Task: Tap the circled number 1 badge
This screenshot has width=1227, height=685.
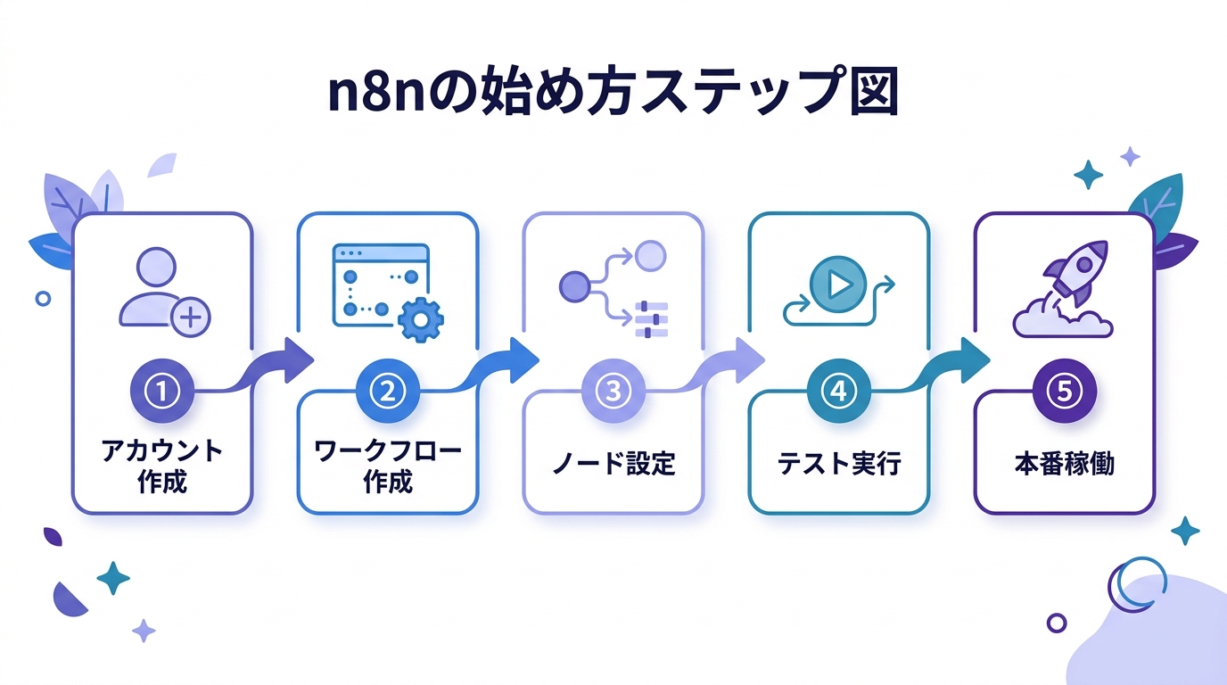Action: tap(162, 390)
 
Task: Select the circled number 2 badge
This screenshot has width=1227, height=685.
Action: tap(387, 390)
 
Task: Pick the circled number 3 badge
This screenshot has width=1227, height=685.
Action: tap(613, 390)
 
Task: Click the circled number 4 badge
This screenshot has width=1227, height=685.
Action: tap(838, 390)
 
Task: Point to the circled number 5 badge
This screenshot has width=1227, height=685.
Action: tap(1064, 390)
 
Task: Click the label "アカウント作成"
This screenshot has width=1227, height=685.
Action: tap(162, 466)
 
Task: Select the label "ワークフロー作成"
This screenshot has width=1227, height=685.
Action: tap(387, 466)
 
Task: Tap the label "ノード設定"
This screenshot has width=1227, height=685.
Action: tap(613, 464)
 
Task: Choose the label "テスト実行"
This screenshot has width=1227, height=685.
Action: tap(838, 464)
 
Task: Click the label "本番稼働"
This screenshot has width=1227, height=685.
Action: tap(1064, 464)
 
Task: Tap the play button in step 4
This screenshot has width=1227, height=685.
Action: tap(838, 285)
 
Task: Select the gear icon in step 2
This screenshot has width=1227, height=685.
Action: tap(418, 319)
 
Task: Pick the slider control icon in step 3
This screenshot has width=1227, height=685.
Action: tap(651, 319)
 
